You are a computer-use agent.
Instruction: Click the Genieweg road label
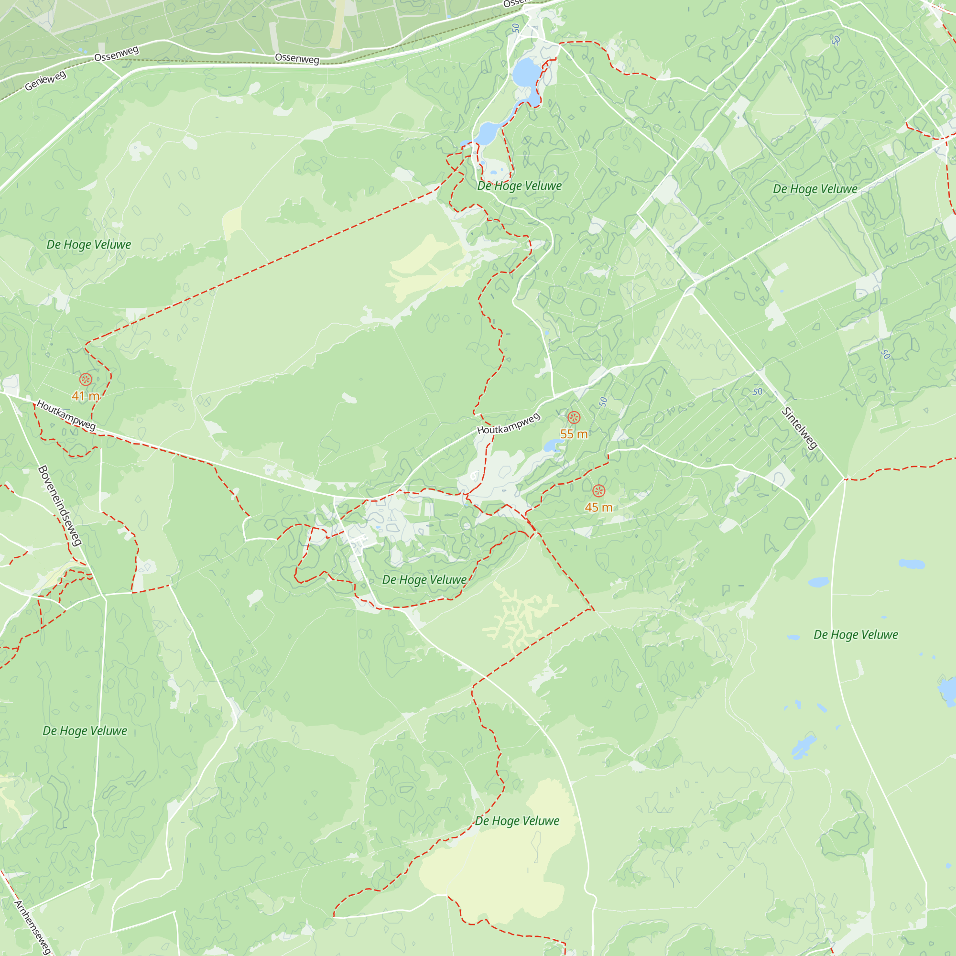tap(45, 81)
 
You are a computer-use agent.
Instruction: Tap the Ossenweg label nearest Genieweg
tap(116, 54)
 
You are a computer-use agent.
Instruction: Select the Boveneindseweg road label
tap(60, 506)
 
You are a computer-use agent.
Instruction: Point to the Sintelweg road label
tap(799, 428)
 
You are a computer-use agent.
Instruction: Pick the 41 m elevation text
tap(85, 396)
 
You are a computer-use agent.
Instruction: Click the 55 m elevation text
tap(574, 434)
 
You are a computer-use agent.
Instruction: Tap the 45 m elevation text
tap(598, 507)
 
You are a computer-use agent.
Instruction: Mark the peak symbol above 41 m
tap(86, 380)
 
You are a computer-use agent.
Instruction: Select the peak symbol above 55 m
tap(574, 418)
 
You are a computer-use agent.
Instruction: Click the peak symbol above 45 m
tap(599, 491)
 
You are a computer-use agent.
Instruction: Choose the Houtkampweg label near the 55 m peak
tap(508, 424)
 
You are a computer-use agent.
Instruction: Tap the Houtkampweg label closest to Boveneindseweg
tap(66, 416)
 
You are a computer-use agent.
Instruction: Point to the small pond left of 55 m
tap(552, 446)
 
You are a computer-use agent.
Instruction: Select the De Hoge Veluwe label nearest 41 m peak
tap(88, 244)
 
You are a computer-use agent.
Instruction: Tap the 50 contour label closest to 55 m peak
tap(603, 402)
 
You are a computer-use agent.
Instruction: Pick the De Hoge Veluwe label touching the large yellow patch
tap(517, 821)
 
